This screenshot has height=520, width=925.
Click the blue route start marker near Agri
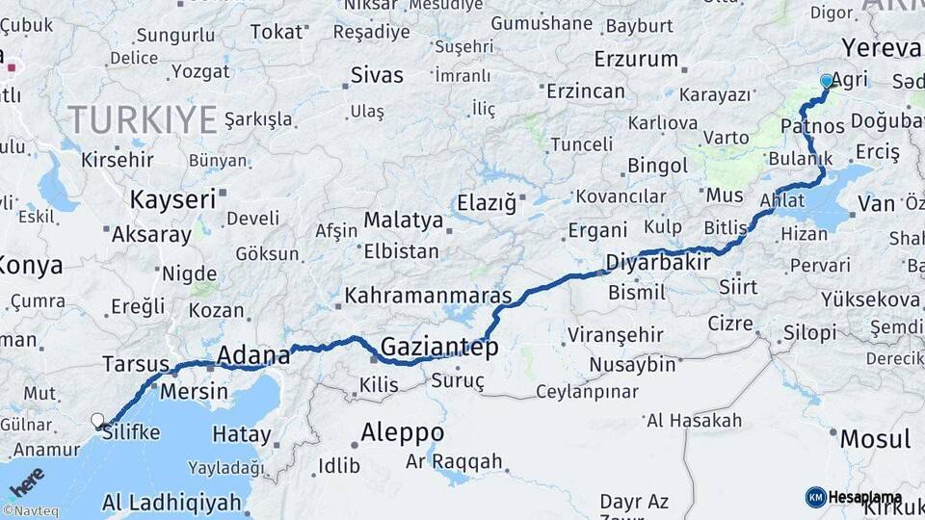(x=826, y=82)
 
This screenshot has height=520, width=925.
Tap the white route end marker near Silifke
(x=97, y=420)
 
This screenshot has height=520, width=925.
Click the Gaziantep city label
(x=439, y=347)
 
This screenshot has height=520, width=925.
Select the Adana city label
(x=252, y=355)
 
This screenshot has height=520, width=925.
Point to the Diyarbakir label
(x=658, y=262)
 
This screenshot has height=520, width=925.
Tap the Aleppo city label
(x=402, y=431)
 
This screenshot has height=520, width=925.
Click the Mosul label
(x=875, y=439)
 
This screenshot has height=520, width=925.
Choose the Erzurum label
(x=636, y=59)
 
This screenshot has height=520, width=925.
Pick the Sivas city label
(x=377, y=75)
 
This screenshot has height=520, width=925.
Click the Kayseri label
(x=172, y=200)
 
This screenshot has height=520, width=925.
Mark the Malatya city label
(x=403, y=221)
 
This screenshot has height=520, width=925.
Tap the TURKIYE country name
(x=142, y=120)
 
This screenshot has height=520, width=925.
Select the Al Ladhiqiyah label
(x=171, y=502)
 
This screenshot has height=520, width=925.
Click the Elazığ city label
(x=486, y=203)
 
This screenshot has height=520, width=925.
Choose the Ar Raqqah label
(x=454, y=462)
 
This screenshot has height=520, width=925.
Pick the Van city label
(x=876, y=203)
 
